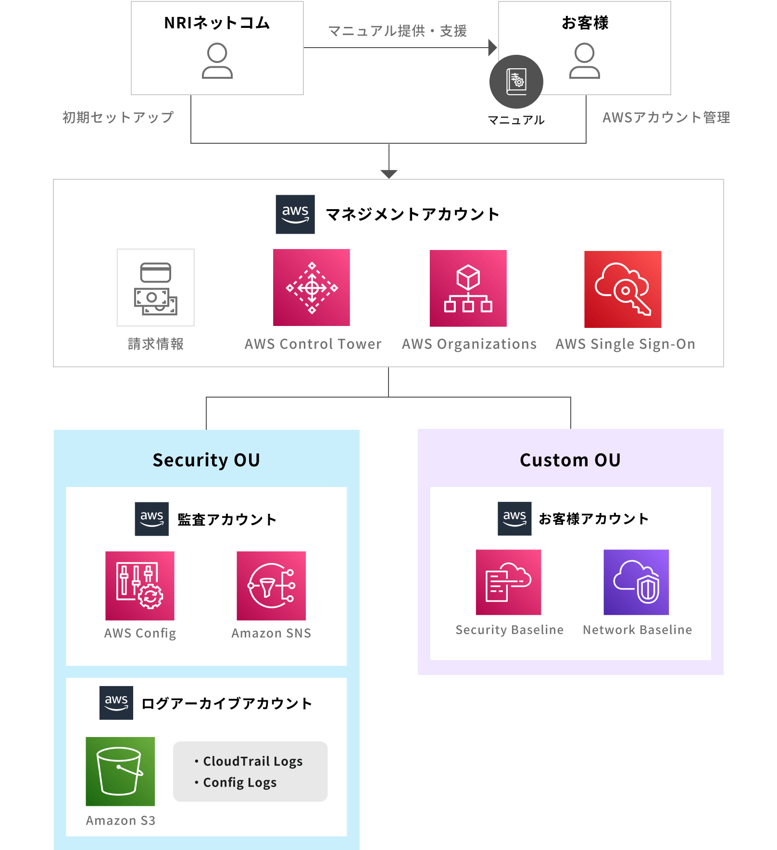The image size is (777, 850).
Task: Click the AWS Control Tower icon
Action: (312, 287)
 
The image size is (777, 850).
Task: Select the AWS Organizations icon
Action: (468, 288)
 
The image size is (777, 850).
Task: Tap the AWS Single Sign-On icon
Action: (623, 289)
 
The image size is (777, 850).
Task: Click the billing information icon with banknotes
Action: (156, 287)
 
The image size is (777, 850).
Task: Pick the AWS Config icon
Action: (140, 586)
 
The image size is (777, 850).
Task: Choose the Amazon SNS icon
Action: (271, 586)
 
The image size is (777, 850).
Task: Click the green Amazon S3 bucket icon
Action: (120, 771)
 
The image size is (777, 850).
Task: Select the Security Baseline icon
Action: (508, 582)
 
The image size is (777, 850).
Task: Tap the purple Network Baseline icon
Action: (636, 582)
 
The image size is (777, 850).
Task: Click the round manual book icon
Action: (516, 82)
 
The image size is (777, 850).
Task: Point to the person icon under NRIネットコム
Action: (217, 61)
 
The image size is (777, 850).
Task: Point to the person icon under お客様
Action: (585, 61)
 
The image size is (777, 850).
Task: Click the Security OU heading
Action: (206, 460)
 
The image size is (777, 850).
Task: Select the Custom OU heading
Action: (570, 460)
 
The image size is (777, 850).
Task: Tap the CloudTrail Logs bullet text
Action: (252, 761)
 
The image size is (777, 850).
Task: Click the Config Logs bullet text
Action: (239, 782)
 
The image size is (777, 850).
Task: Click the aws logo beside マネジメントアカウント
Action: (295, 214)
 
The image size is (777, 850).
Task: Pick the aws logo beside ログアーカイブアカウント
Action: (116, 702)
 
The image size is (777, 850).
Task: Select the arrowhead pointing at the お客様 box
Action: (492, 48)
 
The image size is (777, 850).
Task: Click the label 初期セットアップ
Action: (118, 117)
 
